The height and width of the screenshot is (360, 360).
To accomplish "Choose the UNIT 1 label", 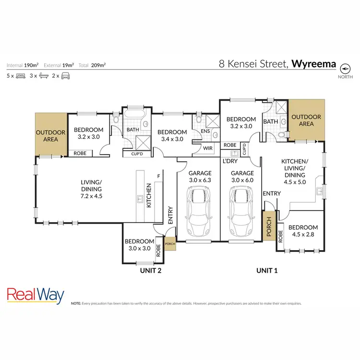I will click(x=267, y=271).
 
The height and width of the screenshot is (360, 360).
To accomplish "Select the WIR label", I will click(x=208, y=148).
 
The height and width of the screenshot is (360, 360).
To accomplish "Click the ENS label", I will click(x=204, y=131).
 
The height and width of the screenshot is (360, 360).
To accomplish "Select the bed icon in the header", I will click(x=21, y=76).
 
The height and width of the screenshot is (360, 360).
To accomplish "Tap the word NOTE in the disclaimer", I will click(x=76, y=304).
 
